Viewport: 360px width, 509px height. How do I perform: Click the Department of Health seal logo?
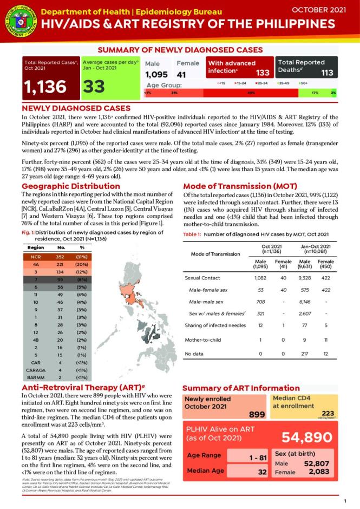18,20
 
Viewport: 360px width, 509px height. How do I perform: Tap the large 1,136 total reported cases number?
45,86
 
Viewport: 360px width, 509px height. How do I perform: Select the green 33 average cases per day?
95,86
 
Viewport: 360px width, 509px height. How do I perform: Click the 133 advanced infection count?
263,73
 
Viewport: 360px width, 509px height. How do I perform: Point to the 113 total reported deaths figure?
327,73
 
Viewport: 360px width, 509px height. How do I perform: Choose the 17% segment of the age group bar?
315,93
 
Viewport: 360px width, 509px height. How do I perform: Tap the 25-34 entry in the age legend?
262,83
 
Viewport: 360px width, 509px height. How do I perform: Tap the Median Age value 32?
263,472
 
